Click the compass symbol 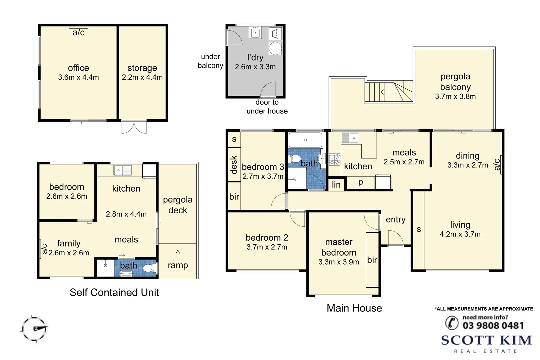click(x=34, y=329)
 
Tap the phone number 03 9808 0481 click(x=493, y=325)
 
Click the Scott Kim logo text click(x=486, y=340)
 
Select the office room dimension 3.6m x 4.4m click(x=78, y=77)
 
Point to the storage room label click(x=142, y=68)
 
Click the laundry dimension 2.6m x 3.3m click(x=255, y=67)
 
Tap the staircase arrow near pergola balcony click(x=387, y=92)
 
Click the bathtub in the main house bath click(x=305, y=140)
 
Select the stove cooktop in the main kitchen click(x=334, y=159)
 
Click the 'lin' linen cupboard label click(x=336, y=185)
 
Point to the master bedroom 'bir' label click(x=372, y=260)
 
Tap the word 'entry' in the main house click(x=395, y=220)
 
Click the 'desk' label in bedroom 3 click(x=234, y=165)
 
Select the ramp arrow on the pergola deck click(x=178, y=255)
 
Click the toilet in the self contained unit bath click(x=149, y=268)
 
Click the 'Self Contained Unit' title click(x=114, y=292)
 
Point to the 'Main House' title click(x=354, y=308)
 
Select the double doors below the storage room click(x=134, y=127)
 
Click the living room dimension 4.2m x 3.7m click(x=460, y=234)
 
